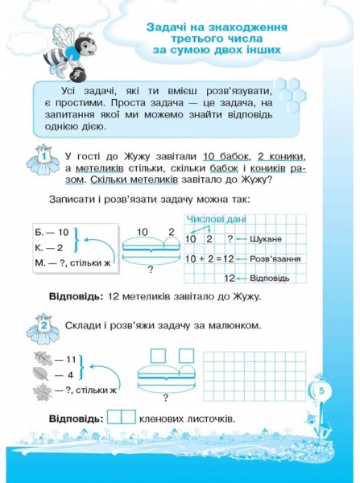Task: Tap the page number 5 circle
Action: (321, 390)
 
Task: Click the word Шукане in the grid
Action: (264, 239)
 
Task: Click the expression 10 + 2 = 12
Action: (209, 258)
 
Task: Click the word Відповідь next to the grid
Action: (270, 278)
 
